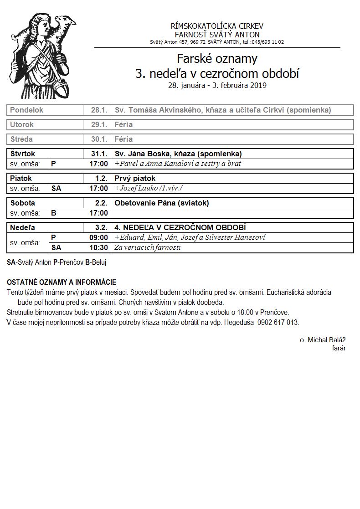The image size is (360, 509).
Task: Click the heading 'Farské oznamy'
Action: pos(217,59)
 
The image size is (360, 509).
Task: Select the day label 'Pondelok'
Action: pos(27,110)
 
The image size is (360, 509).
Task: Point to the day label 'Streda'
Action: pos(21,139)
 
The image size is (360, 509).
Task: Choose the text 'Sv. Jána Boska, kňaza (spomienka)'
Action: pos(178,154)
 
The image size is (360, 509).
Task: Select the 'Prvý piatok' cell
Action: pos(135,178)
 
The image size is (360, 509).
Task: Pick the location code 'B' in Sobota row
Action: pos(53,213)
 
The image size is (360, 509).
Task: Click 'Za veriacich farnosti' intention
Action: pos(148,247)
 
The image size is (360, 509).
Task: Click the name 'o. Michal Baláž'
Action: pos(323,340)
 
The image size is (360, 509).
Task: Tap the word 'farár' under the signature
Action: pos(339,348)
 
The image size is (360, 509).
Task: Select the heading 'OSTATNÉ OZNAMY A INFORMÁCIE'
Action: pos(62,283)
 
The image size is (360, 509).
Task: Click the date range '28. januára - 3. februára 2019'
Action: pos(217,85)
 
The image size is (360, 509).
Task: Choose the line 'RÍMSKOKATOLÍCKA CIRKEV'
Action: pos(217,26)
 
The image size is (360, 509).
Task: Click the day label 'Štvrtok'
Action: pos(23,154)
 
